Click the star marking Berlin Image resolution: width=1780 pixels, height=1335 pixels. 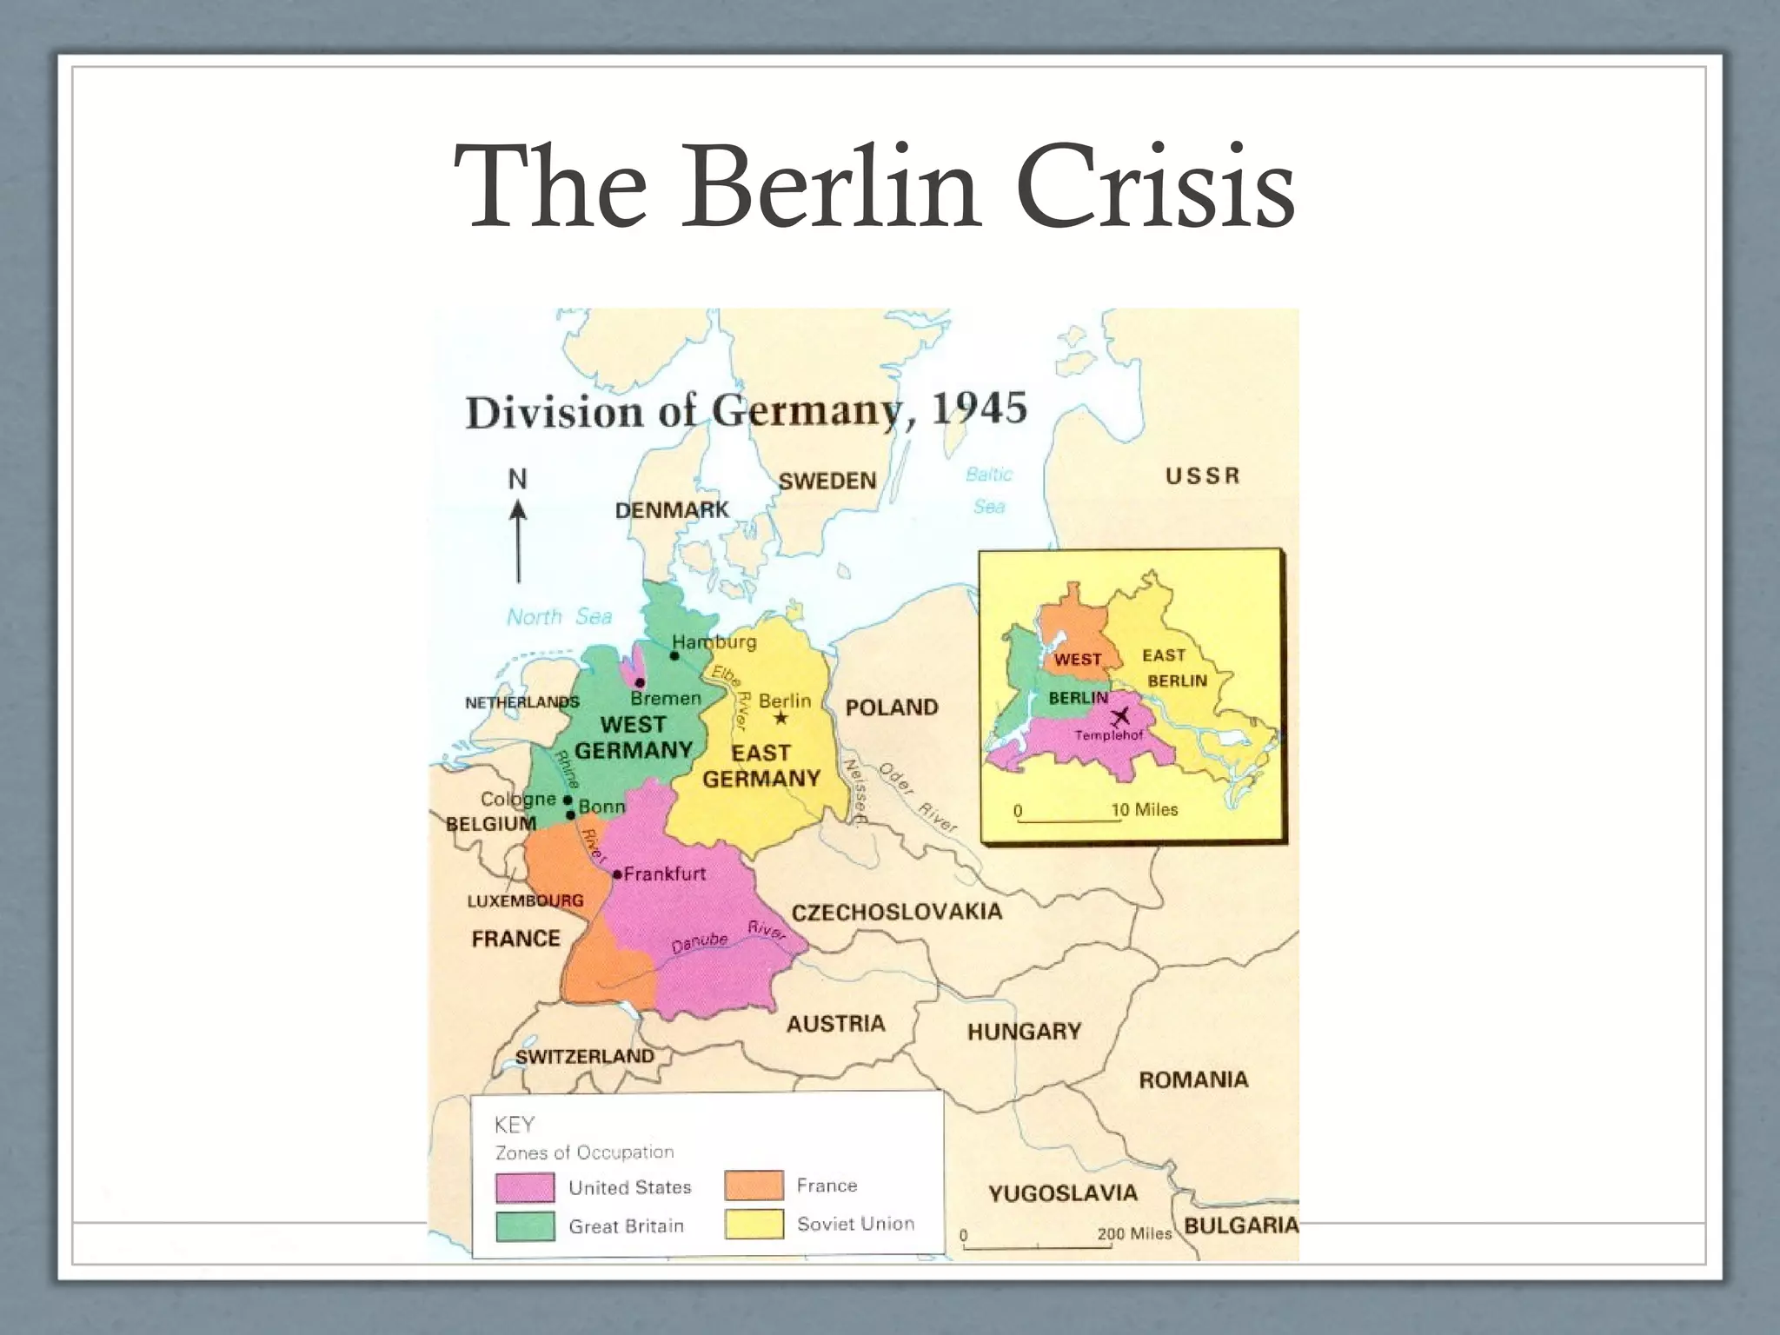click(x=780, y=718)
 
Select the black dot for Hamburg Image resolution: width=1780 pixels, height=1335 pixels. click(x=674, y=655)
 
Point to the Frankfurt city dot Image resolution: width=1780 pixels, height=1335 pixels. click(x=617, y=874)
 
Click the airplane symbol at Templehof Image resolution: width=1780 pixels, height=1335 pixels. click(x=1119, y=718)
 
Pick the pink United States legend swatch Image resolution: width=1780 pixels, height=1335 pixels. click(x=524, y=1187)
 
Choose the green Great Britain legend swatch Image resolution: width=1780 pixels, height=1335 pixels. click(x=524, y=1226)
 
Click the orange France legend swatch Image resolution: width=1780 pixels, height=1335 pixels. click(x=754, y=1186)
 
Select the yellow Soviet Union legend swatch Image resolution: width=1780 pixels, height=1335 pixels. click(x=754, y=1224)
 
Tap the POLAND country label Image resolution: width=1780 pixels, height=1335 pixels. click(x=892, y=707)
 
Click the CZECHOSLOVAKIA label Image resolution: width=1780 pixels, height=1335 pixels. click(x=896, y=912)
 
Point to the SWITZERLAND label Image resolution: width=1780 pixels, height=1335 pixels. click(x=584, y=1056)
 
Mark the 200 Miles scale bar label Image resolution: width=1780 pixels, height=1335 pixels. click(x=1134, y=1233)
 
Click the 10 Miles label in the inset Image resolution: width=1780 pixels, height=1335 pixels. click(x=1145, y=810)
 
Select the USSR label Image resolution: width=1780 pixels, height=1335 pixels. click(x=1202, y=476)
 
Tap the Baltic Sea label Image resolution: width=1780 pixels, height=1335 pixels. click(x=989, y=490)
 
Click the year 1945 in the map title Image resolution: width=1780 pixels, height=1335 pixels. click(x=980, y=408)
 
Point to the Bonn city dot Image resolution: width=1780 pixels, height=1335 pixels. click(x=570, y=815)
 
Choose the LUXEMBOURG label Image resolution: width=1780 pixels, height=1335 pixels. click(x=525, y=901)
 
